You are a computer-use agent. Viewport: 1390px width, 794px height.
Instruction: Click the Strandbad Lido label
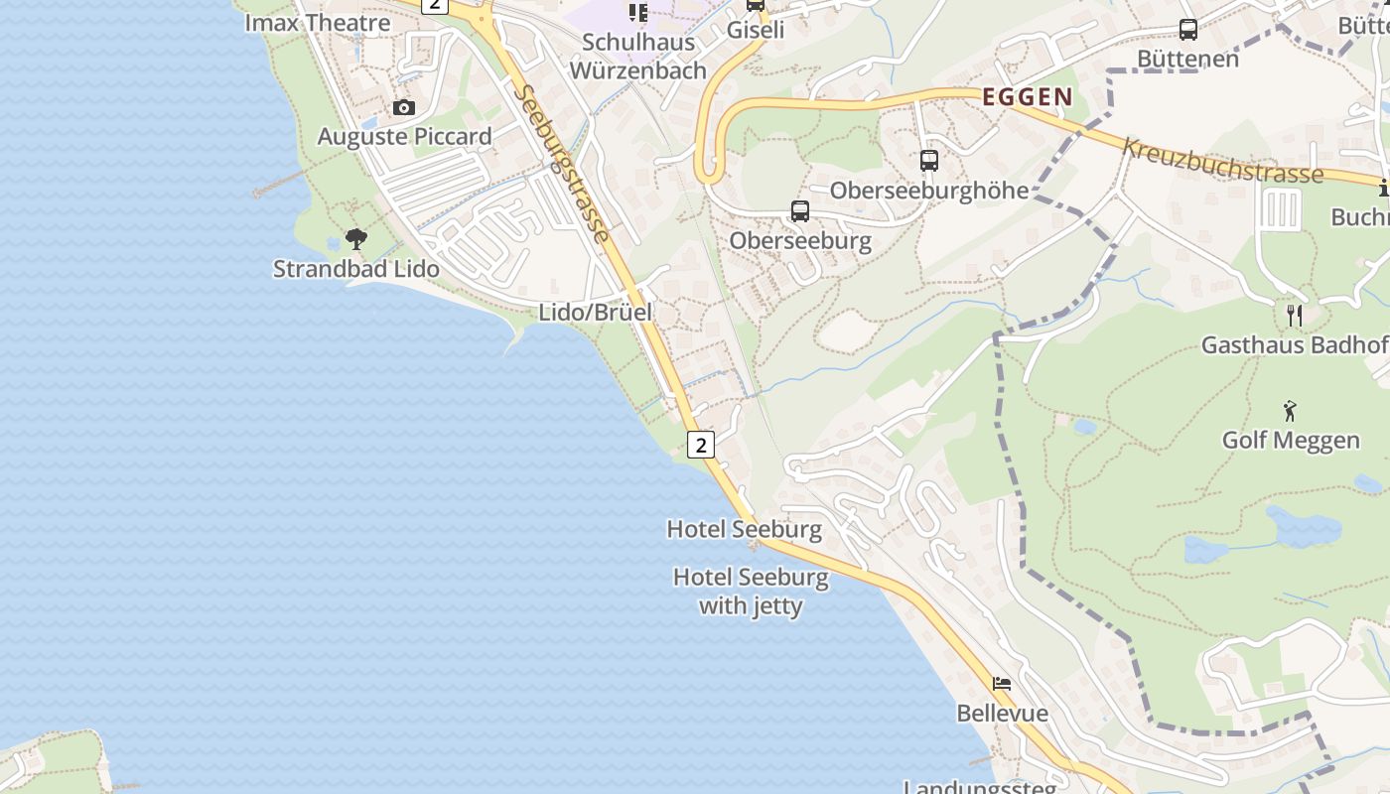[355, 268]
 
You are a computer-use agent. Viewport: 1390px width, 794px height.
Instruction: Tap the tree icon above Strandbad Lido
[355, 238]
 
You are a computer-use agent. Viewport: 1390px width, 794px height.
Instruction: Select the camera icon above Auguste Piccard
[403, 107]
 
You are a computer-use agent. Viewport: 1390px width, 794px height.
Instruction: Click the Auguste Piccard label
[404, 136]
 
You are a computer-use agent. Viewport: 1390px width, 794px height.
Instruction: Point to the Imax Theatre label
[317, 22]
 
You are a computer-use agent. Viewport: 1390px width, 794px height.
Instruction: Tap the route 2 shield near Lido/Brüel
[701, 444]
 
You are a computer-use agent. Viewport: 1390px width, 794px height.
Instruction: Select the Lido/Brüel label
[595, 312]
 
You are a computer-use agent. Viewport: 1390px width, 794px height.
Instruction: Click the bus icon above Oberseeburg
[799, 210]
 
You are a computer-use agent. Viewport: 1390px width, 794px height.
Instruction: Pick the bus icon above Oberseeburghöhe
[928, 160]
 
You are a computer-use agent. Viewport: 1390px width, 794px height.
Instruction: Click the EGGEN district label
[1027, 97]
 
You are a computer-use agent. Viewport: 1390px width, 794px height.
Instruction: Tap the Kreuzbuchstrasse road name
[1223, 161]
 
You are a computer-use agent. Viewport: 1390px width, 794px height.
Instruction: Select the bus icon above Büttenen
[1187, 29]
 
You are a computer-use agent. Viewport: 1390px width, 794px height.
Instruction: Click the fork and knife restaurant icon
[1294, 316]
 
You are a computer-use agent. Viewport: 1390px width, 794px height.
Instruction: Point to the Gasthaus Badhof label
[1294, 344]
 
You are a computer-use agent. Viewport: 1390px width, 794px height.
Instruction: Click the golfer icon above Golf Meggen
[1290, 410]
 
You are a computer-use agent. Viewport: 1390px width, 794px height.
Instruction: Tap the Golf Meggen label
[1290, 439]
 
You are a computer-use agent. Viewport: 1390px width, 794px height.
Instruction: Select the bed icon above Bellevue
[1002, 684]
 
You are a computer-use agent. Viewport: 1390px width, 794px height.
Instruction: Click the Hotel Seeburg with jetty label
[751, 591]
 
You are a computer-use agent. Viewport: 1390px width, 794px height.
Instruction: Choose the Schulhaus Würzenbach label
[637, 56]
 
